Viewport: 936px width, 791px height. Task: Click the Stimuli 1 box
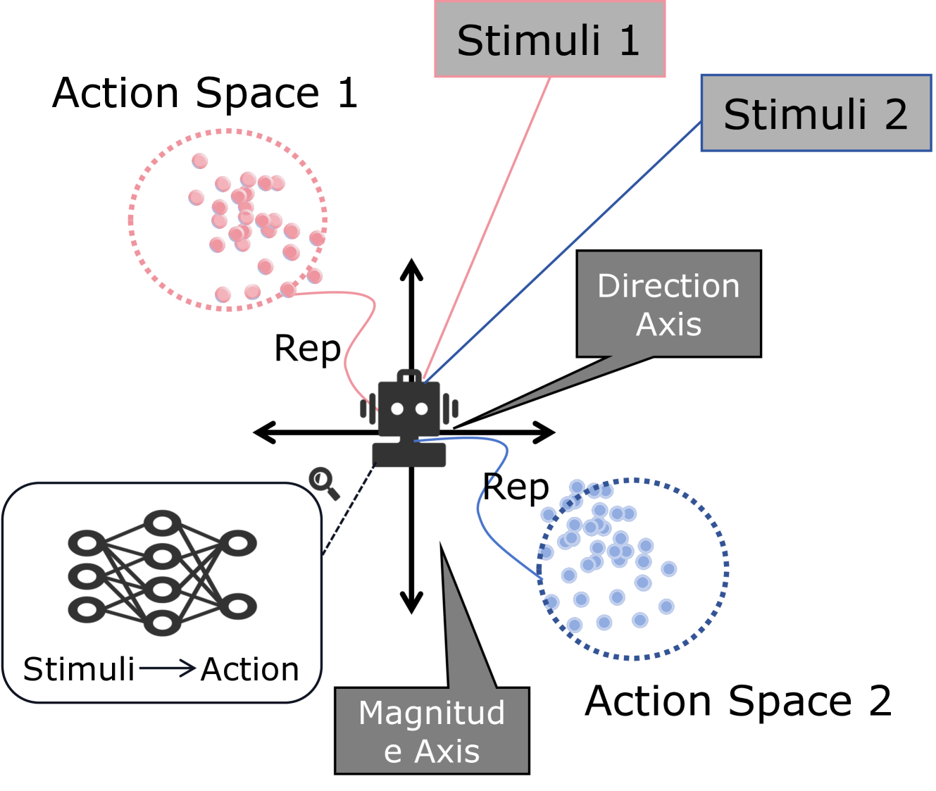pyautogui.click(x=549, y=39)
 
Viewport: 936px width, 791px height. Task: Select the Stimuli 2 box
pyautogui.click(x=816, y=113)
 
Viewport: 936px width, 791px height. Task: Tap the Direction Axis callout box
pyautogui.click(x=668, y=304)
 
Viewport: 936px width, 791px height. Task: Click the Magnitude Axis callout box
pyautogui.click(x=432, y=730)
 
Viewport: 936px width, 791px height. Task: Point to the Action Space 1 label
pyautogui.click(x=205, y=93)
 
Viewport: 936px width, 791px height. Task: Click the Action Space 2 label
pyautogui.click(x=738, y=701)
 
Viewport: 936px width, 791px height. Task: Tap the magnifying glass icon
pyautogui.click(x=323, y=482)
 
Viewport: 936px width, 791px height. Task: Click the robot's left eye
pyautogui.click(x=397, y=409)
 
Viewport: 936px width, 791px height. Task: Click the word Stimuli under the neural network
pyautogui.click(x=79, y=669)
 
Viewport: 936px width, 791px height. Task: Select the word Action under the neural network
pyautogui.click(x=250, y=669)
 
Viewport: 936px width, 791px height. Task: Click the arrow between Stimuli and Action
pyautogui.click(x=167, y=668)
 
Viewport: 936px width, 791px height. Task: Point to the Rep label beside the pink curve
pyautogui.click(x=307, y=349)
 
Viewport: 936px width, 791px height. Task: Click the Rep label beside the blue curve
pyautogui.click(x=516, y=487)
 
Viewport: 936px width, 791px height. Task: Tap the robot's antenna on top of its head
pyautogui.click(x=409, y=377)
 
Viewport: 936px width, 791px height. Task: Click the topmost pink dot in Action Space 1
pyautogui.click(x=200, y=161)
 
